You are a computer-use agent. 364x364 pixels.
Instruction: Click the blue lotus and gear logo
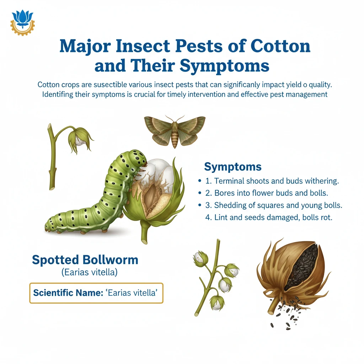tap(22, 22)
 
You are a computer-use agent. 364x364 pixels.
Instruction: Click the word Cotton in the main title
tap(280, 46)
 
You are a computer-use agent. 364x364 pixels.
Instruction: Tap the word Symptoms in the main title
tap(225, 66)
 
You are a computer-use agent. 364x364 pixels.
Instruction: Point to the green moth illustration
tap(175, 131)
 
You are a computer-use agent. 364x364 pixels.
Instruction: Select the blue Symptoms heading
tap(232, 167)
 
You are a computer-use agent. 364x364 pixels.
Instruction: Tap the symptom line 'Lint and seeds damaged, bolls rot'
tap(269, 217)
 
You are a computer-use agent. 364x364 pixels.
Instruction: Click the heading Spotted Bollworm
tap(85, 259)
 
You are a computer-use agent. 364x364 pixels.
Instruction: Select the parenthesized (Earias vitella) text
tap(89, 272)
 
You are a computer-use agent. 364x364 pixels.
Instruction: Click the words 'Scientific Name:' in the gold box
tap(68, 293)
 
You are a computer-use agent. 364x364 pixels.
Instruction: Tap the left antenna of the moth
tap(168, 119)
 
